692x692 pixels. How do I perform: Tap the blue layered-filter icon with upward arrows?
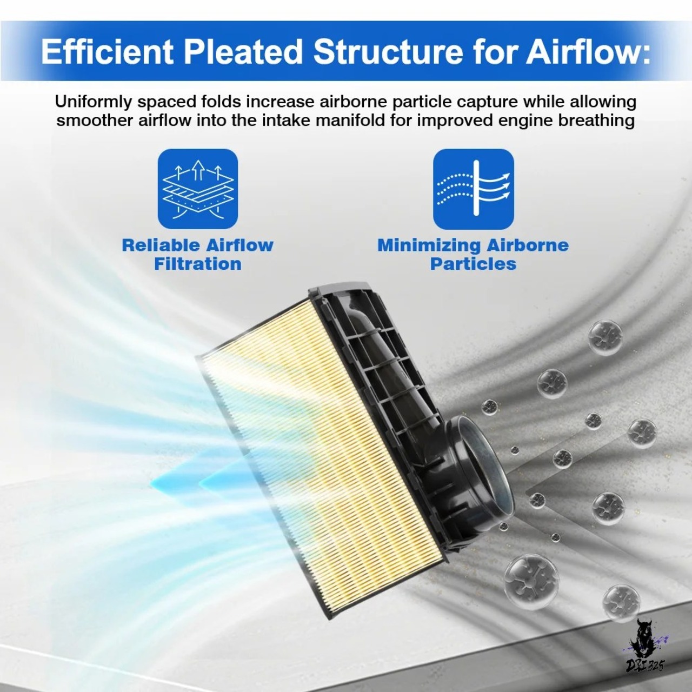198,189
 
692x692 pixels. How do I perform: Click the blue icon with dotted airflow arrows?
473,189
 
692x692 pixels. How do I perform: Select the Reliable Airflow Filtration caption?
198,255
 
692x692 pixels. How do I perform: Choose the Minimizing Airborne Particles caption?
473,255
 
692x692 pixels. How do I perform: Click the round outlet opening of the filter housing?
483,473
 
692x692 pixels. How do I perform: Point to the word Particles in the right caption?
473,264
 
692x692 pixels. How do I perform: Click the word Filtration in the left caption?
198,264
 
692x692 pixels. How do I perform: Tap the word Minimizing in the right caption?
429,245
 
